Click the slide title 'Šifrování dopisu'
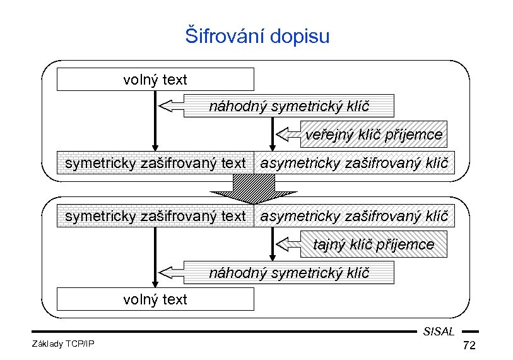click(x=257, y=35)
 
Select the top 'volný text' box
click(x=155, y=80)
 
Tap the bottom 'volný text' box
click(x=155, y=299)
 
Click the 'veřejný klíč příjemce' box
click(x=374, y=135)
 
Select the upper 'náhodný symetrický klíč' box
click(x=288, y=106)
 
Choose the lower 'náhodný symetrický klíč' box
click(x=288, y=273)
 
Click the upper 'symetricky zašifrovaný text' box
click(x=155, y=163)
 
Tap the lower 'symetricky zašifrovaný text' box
click(x=155, y=216)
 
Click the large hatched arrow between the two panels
click(x=254, y=187)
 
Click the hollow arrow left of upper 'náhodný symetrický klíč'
click(x=170, y=105)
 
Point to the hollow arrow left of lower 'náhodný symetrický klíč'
click(x=170, y=272)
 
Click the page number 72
click(x=469, y=346)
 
